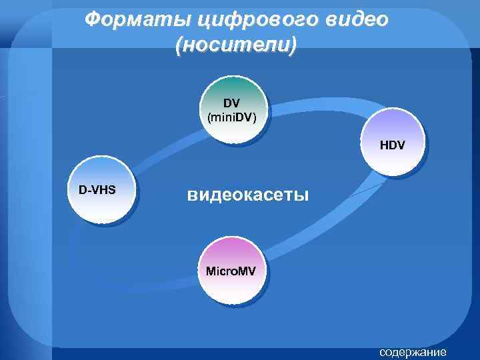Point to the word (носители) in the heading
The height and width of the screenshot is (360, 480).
235,46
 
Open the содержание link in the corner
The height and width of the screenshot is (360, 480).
413,351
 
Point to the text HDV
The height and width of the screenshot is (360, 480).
393,144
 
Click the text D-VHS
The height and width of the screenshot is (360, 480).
97,189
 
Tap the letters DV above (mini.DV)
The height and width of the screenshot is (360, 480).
231,104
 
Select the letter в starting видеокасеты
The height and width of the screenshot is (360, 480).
192,196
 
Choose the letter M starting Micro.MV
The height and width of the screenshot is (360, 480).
211,271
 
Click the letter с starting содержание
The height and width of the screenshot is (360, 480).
382,352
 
